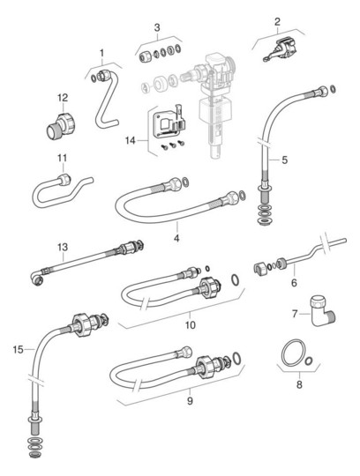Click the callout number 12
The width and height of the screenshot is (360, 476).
click(63, 98)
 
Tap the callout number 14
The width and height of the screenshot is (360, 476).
click(131, 141)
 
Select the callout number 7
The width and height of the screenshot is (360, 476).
click(295, 314)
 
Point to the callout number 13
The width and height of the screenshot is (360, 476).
click(63, 247)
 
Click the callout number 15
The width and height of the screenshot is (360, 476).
click(18, 350)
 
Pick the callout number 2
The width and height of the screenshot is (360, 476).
click(277, 22)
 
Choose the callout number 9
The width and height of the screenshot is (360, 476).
click(190, 401)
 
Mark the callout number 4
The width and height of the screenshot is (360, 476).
click(176, 238)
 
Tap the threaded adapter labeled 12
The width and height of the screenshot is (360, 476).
click(62, 126)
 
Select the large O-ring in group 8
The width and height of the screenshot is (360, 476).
click(294, 353)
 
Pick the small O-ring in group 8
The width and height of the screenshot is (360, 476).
click(308, 361)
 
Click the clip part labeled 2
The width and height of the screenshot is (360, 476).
click(280, 50)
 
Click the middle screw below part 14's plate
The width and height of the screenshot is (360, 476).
click(173, 145)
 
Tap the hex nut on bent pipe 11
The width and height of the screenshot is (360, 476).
click(64, 180)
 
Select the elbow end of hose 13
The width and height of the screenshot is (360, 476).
click(37, 277)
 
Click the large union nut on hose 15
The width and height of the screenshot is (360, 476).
click(82, 324)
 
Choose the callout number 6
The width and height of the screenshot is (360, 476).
click(294, 283)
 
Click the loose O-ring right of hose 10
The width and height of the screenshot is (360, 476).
click(235, 279)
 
